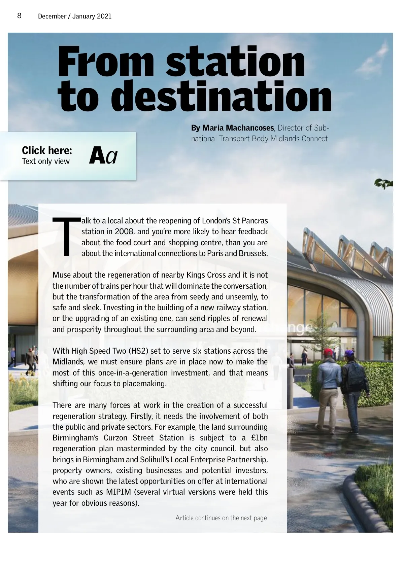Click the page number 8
(20, 15)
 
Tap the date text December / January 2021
(74, 16)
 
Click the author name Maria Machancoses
(238, 128)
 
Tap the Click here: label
(47, 150)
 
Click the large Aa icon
(103, 156)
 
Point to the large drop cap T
(66, 237)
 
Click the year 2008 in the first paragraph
(124, 231)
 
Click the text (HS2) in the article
(138, 351)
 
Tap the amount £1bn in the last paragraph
(259, 438)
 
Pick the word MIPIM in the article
(119, 492)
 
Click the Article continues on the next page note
(221, 518)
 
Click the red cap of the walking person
(328, 352)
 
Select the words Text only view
(46, 161)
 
